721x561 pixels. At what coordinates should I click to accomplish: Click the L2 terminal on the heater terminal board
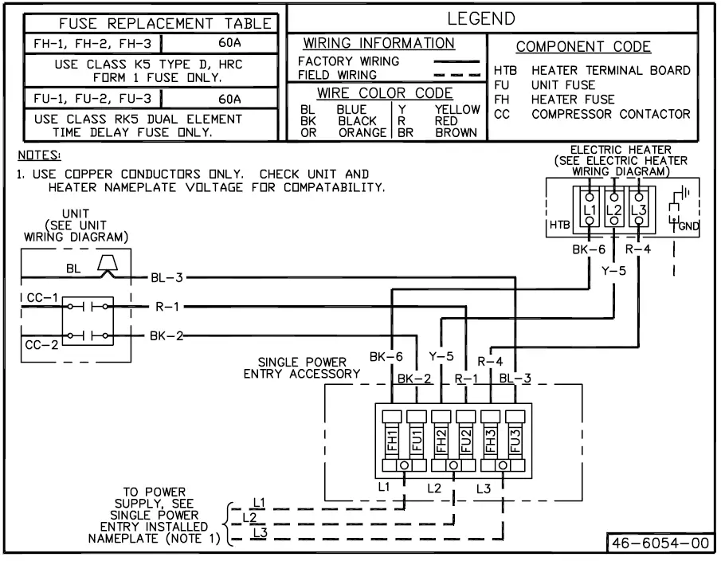614,210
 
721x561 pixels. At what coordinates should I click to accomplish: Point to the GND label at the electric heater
689,226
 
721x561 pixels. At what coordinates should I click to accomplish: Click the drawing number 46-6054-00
660,543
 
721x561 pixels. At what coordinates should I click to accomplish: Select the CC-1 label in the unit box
42,297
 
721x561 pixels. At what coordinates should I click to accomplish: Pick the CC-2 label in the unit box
41,345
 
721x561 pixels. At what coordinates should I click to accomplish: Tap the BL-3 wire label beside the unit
167,278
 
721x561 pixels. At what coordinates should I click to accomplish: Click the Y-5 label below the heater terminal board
614,271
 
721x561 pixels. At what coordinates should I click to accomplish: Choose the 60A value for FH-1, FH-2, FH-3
229,43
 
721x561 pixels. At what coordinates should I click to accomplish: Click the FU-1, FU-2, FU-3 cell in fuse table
92,98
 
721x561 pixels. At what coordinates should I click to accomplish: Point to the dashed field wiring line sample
457,75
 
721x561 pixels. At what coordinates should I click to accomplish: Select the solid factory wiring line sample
457,61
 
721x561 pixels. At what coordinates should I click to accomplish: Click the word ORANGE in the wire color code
362,133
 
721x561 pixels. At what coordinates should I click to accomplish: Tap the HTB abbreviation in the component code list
505,71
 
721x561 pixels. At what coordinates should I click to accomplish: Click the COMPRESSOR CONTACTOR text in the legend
610,114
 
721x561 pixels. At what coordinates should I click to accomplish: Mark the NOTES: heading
39,155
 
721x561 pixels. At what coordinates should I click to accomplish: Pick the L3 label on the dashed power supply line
261,532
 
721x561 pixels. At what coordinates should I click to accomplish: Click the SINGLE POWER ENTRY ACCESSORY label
302,368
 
